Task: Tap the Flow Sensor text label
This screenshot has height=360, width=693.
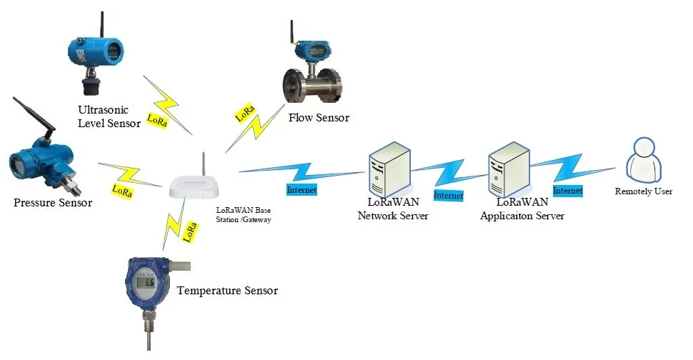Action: tap(319, 117)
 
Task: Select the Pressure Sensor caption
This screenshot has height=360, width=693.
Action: tap(53, 203)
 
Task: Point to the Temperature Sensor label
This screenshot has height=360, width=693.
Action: tap(227, 291)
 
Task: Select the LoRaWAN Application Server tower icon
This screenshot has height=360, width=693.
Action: tap(507, 170)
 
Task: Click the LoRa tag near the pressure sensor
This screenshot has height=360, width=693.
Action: tap(122, 191)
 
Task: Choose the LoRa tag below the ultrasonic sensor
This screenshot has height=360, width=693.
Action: tap(157, 120)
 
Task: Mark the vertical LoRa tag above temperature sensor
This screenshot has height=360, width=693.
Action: tap(191, 231)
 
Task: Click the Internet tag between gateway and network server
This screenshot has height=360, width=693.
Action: tap(301, 190)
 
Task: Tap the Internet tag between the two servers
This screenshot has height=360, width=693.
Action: tap(449, 195)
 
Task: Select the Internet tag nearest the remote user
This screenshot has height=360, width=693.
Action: tap(567, 191)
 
